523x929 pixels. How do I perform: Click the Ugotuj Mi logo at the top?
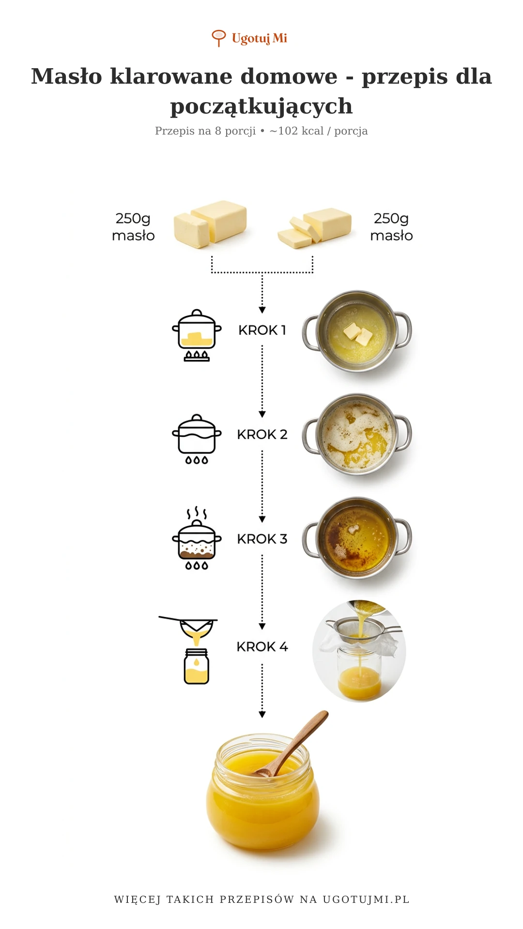coord(249,38)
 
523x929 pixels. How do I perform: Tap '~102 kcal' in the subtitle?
coord(296,131)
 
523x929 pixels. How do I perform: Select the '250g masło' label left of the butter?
coord(133,227)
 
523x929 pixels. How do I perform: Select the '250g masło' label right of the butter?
coord(391,227)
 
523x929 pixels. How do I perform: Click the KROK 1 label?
coord(262,330)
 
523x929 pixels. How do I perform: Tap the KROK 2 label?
coord(262,435)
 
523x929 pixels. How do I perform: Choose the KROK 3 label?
coord(262,539)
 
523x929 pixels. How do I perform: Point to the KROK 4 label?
coord(262,647)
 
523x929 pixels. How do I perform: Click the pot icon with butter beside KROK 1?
coord(197,335)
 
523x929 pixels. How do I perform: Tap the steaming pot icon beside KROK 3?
coord(197,538)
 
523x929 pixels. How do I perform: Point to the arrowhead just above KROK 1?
coord(262,310)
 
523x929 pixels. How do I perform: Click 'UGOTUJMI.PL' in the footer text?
coord(366,899)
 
